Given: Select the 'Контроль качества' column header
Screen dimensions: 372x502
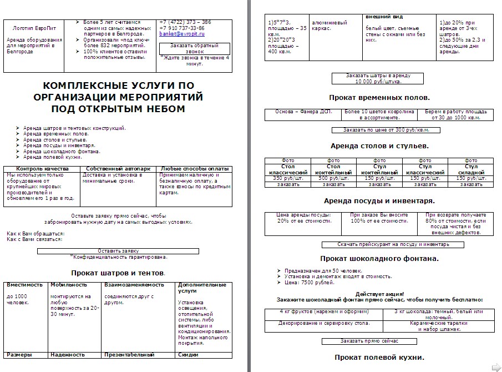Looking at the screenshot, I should pos(42,168).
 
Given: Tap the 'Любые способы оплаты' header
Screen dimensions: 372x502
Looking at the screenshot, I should pos(194,168).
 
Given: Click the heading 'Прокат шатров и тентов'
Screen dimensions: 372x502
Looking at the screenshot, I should pos(118,273).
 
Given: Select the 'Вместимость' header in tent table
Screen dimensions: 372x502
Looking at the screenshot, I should pos(25,285).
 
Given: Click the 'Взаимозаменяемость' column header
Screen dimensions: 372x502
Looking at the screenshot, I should pos(134,285).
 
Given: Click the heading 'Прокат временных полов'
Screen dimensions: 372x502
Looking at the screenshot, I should pos(379,97).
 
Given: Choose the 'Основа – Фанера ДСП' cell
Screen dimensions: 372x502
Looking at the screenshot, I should pos(302,112).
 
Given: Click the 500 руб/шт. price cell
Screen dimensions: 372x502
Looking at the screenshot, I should pos(333,178).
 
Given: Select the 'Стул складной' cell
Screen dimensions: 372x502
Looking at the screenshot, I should pos(470,169).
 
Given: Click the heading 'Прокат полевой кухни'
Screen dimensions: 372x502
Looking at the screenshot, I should pos(379,357).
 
